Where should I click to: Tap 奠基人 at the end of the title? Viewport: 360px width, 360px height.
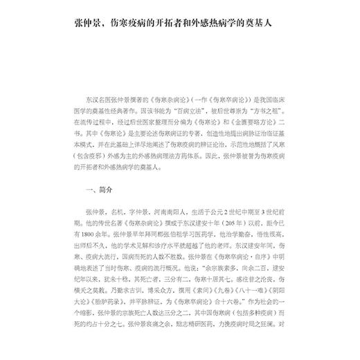258,21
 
